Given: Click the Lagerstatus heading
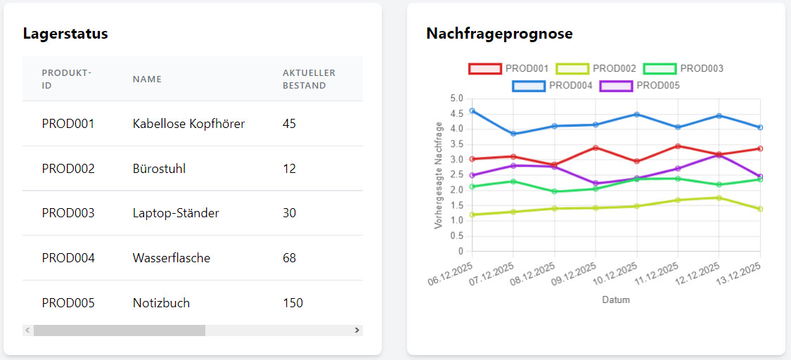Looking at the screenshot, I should pyautogui.click(x=65, y=33).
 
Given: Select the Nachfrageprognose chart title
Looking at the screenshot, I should pyautogui.click(x=499, y=33).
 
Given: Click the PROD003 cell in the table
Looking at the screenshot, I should pyautogui.click(x=68, y=213).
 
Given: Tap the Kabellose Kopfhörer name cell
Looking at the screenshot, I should pyautogui.click(x=188, y=124).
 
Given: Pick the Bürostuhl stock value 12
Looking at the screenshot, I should pyautogui.click(x=289, y=169).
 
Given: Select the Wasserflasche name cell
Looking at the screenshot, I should pyautogui.click(x=171, y=258).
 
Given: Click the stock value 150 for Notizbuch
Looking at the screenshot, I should pyautogui.click(x=292, y=303).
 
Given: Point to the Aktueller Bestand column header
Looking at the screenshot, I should pyautogui.click(x=309, y=79).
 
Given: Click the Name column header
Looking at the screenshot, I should pyautogui.click(x=147, y=79).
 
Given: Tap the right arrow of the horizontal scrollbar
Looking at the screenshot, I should pyautogui.click(x=356, y=330).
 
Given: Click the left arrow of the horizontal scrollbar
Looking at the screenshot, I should pyautogui.click(x=27, y=330).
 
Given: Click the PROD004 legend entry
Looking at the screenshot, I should pyautogui.click(x=553, y=86).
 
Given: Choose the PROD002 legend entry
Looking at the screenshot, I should pyautogui.click(x=596, y=69).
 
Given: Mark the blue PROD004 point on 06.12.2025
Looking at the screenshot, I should pyautogui.click(x=472, y=111).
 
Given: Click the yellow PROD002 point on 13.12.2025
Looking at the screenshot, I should pyautogui.click(x=760, y=209).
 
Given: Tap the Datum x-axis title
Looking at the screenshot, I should pyautogui.click(x=616, y=300).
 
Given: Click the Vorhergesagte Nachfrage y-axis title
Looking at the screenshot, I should pyautogui.click(x=439, y=175).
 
